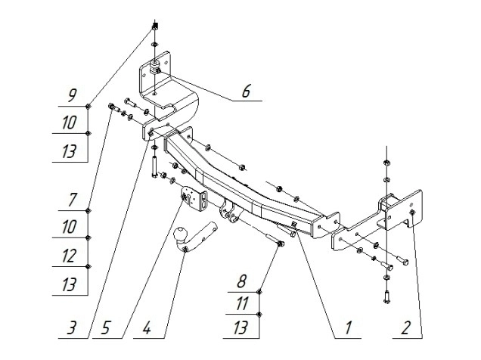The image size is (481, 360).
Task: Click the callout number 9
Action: [x=71, y=96]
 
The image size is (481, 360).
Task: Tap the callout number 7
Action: [x=71, y=200]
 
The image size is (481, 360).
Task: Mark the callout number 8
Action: [x=242, y=282]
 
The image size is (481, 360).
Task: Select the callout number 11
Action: [x=242, y=304]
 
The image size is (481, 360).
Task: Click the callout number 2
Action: [x=406, y=329]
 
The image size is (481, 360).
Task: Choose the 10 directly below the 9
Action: [x=70, y=122]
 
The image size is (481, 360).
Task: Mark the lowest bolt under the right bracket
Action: [x=386, y=297]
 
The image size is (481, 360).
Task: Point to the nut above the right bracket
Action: [x=386, y=162]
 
